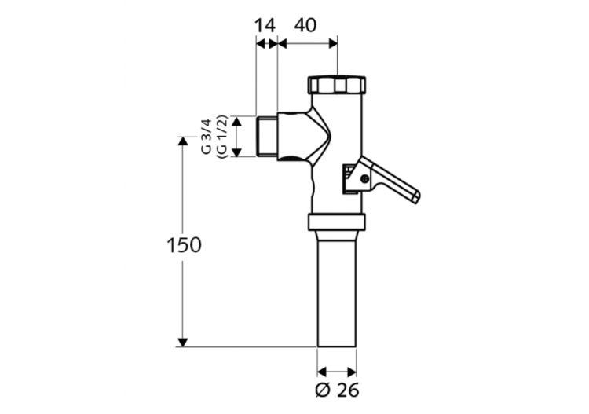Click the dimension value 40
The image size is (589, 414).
[305, 24]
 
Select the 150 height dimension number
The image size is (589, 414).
[184, 244]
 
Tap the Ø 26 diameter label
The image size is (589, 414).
[338, 389]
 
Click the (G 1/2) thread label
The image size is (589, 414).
[221, 137]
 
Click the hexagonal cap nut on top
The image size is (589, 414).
[337, 84]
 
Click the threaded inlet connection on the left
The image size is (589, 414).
[268, 137]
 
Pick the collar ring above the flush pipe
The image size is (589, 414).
[338, 222]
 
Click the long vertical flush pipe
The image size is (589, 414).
[337, 291]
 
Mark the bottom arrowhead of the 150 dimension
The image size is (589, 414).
[183, 341]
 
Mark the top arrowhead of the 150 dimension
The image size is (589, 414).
[183, 141]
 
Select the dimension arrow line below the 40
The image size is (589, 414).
[307, 43]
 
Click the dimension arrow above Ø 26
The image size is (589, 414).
[337, 370]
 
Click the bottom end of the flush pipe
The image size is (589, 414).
[337, 343]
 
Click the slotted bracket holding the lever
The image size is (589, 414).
[347, 178]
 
